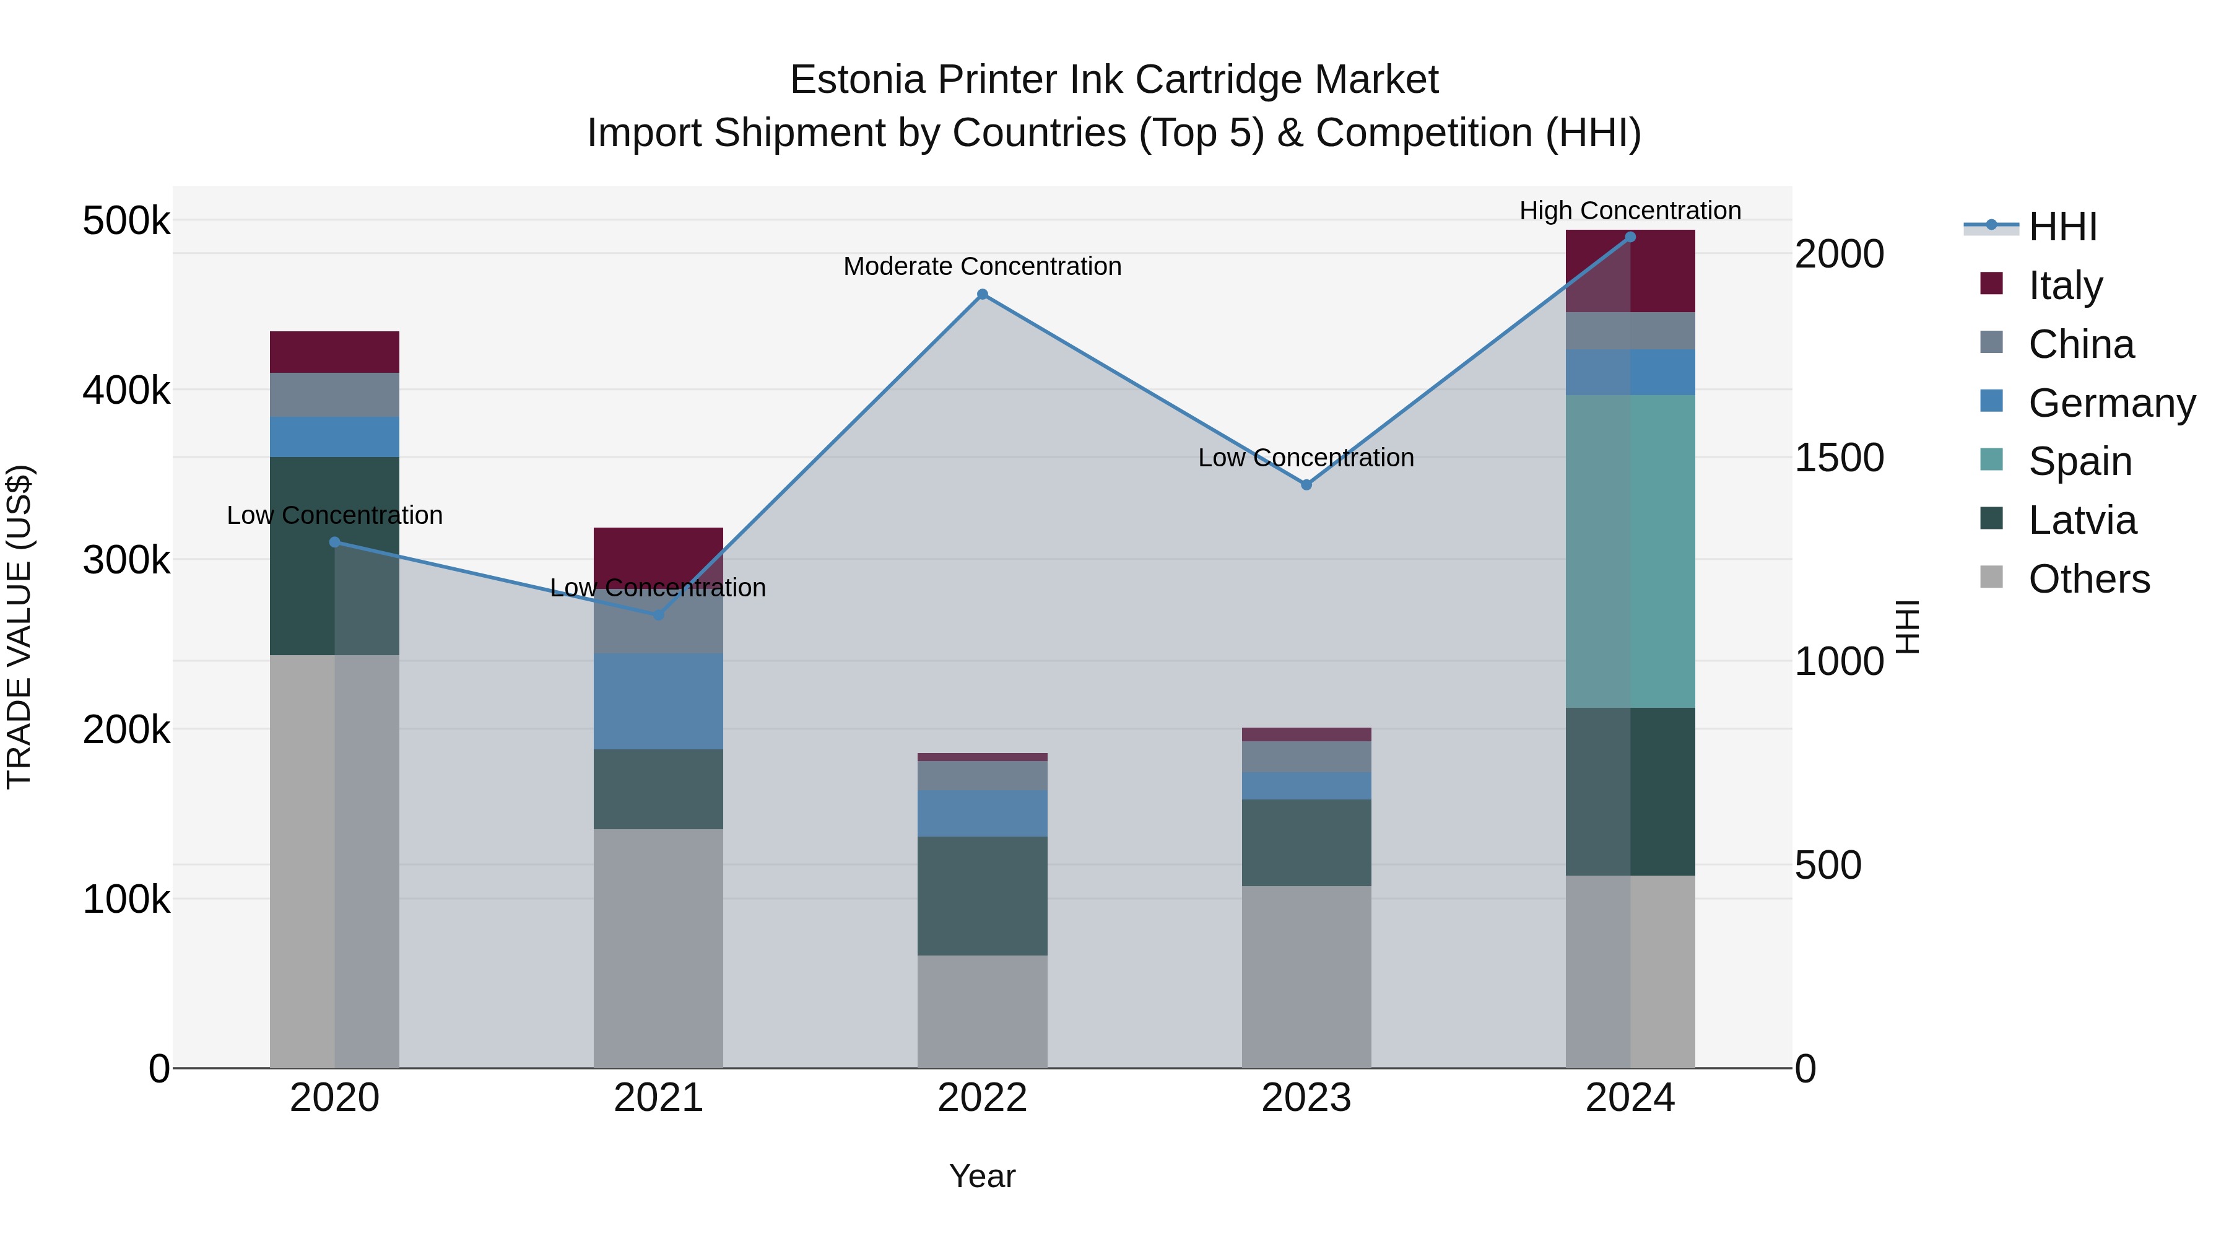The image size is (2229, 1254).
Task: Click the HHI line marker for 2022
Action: [982, 294]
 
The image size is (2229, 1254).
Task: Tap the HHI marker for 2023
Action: [1306, 485]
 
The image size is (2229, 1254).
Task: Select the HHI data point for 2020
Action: [335, 542]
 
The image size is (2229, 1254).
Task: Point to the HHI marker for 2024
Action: [1630, 237]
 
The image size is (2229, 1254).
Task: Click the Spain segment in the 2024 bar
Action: [1630, 551]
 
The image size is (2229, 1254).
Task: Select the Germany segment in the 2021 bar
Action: [659, 701]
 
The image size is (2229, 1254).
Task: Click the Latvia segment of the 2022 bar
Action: [982, 895]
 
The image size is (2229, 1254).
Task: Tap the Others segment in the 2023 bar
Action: [1306, 976]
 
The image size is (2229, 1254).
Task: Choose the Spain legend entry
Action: [2079, 461]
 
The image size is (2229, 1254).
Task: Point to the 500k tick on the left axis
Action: [126, 220]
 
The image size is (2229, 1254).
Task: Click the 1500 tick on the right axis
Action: [1840, 458]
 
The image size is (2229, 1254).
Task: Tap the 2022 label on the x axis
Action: [982, 1097]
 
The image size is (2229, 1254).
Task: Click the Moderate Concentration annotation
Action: [982, 266]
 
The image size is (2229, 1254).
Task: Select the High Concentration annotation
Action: [1630, 211]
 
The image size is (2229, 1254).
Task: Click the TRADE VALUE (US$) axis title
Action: [19, 627]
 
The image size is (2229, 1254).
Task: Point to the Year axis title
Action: [982, 1176]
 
